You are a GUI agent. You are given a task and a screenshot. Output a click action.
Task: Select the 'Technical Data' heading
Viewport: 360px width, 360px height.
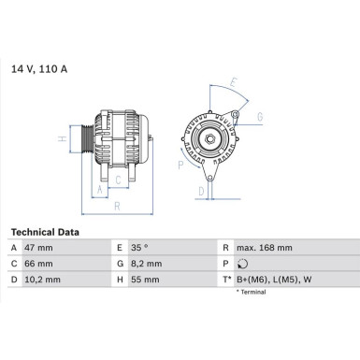pyautogui.click(x=45, y=231)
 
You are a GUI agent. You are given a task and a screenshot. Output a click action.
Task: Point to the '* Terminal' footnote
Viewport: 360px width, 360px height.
pyautogui.click(x=251, y=292)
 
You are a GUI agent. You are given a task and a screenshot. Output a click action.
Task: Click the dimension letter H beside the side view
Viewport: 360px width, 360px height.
pyautogui.click(x=63, y=139)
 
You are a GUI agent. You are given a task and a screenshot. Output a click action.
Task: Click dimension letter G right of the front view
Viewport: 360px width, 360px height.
pyautogui.click(x=259, y=117)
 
